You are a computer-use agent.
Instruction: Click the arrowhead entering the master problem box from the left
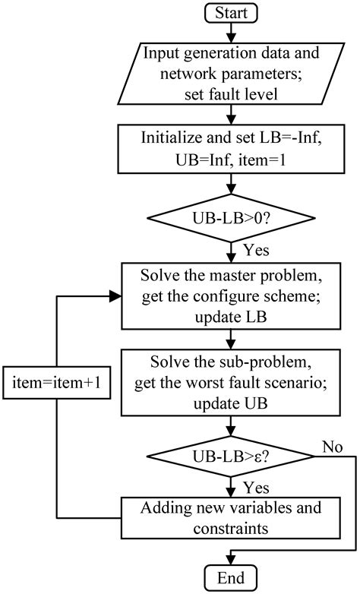coord(118,299)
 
